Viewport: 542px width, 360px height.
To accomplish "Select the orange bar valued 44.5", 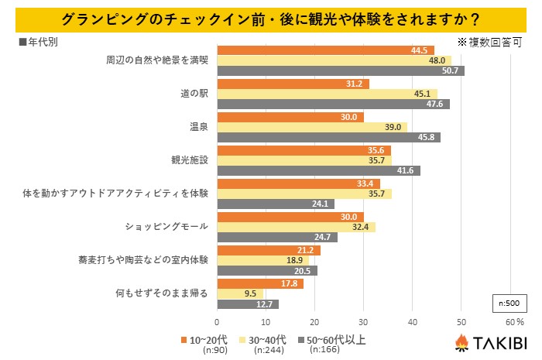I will tap(325, 50).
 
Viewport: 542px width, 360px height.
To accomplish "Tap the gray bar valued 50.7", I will tap(341, 71).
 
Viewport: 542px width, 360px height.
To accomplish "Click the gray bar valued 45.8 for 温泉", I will tap(328, 137).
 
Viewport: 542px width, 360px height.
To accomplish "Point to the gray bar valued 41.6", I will tap(318, 170).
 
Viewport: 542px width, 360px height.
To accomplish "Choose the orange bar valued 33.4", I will tap(298, 183).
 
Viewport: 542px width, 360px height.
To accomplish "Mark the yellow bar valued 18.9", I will tap(262, 260).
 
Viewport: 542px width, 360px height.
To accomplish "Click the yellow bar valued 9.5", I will tap(240, 293).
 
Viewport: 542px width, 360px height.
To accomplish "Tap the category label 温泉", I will tap(197, 127).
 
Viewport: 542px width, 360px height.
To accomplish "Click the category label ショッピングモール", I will tap(167, 227).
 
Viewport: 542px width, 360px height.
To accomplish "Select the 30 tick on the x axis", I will tap(363, 321).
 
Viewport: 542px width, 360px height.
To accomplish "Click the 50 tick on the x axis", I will tap(461, 321).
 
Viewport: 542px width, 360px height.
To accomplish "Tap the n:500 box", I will tap(508, 302).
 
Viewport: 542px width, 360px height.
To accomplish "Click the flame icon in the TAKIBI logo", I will tap(460, 341).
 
